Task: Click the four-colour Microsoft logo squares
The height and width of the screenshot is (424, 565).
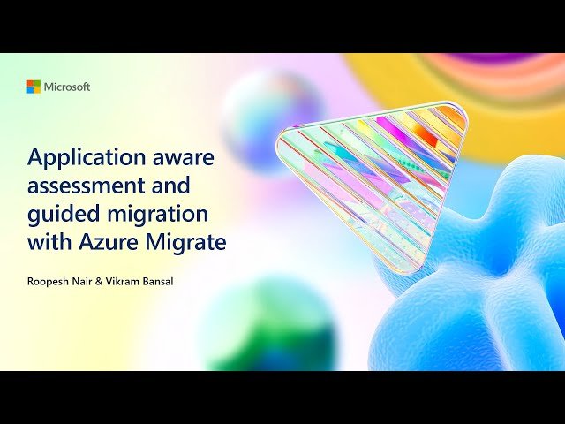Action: (x=34, y=87)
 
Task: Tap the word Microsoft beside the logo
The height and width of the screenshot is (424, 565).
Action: (x=67, y=87)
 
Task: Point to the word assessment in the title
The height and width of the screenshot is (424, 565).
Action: (x=81, y=185)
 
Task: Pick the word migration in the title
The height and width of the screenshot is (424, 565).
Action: (x=153, y=214)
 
